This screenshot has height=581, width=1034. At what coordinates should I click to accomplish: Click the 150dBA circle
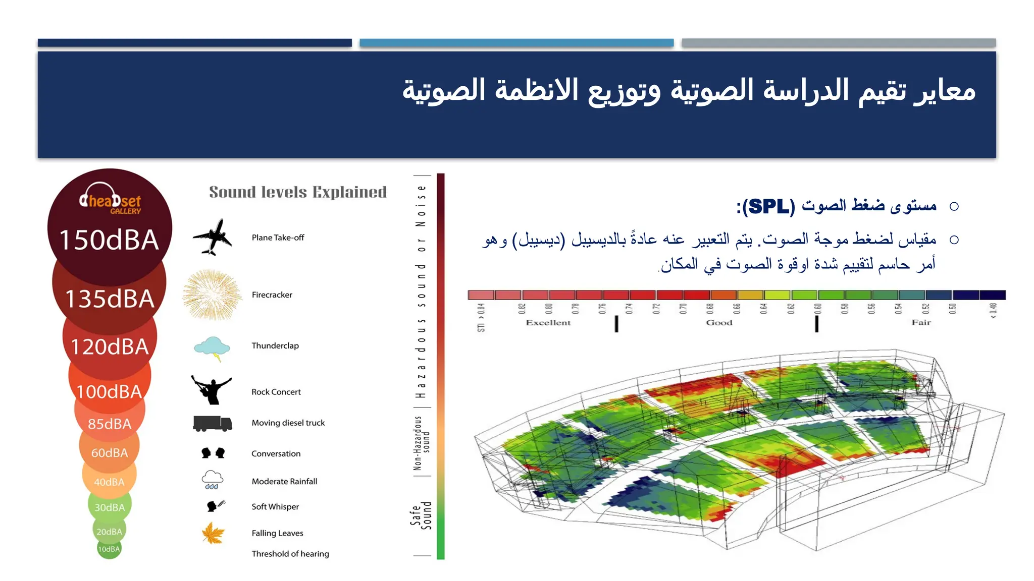click(x=109, y=239)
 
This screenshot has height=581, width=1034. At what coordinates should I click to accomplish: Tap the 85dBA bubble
click(x=109, y=424)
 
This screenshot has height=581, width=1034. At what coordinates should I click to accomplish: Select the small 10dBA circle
click(x=109, y=549)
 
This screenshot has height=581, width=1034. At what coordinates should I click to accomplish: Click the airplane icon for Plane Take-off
click(x=213, y=237)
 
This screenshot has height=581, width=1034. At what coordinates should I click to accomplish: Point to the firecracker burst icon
click(x=213, y=295)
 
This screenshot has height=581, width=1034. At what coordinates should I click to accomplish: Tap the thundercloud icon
click(x=213, y=347)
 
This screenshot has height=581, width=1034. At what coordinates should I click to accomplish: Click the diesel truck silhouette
click(x=213, y=423)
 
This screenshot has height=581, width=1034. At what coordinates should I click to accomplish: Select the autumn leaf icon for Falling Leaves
click(x=213, y=533)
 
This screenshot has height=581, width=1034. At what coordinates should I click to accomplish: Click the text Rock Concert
click(x=276, y=392)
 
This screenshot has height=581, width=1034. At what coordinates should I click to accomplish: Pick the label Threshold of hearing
click(x=290, y=554)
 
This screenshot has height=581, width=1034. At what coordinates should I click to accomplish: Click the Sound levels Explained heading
click(x=298, y=192)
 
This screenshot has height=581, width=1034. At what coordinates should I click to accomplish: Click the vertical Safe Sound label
click(x=421, y=515)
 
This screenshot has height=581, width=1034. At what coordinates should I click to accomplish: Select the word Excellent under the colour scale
click(x=548, y=323)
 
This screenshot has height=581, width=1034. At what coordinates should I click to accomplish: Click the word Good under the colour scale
click(x=719, y=323)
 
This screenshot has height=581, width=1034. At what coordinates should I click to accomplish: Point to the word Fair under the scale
click(x=921, y=323)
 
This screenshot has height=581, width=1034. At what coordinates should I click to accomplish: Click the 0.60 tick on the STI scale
click(x=817, y=309)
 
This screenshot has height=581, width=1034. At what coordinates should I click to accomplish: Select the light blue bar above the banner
click(x=516, y=43)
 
